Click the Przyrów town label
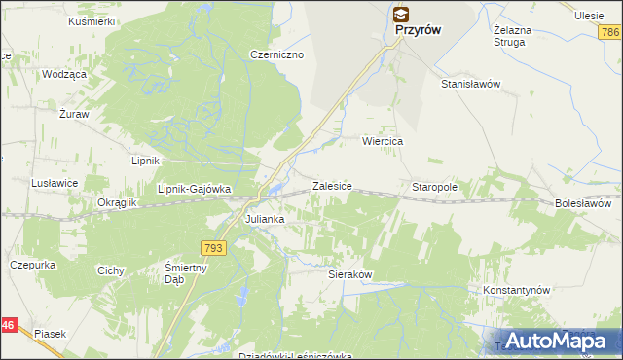pyautogui.click(x=419, y=30)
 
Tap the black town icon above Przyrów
pyautogui.click(x=401, y=14)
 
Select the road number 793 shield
pyautogui.click(x=215, y=249)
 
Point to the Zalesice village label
pyautogui.click(x=331, y=185)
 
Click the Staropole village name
pyautogui.click(x=434, y=185)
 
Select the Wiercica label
pyautogui.click(x=383, y=141)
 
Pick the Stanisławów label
pyautogui.click(x=470, y=84)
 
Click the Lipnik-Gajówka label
pyautogui.click(x=194, y=189)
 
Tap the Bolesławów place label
pyautogui.click(x=583, y=204)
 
